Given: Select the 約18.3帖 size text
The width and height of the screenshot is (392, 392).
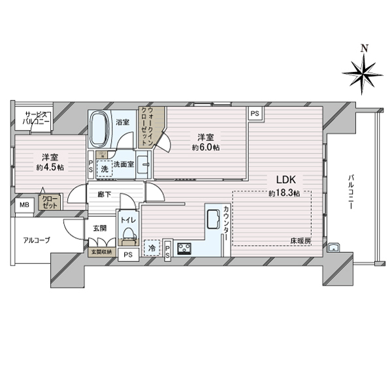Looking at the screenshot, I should (x=284, y=193).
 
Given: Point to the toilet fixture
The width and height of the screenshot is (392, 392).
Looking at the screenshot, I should (x=127, y=233).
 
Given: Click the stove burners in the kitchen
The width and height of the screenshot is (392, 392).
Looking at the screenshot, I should (x=184, y=248).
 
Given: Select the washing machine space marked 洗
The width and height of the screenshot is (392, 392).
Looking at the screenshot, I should (x=104, y=169).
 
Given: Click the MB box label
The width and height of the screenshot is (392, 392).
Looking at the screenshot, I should (x=24, y=206).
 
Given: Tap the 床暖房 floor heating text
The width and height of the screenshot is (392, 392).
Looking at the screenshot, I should (x=301, y=242).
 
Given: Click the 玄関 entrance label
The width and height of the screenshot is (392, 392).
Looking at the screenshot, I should (x=99, y=228).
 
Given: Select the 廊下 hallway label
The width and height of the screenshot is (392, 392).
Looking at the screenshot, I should (x=105, y=194).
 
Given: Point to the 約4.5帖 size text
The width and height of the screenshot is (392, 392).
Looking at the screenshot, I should (x=50, y=168).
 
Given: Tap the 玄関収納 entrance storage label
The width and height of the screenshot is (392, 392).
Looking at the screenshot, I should (x=101, y=252).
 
